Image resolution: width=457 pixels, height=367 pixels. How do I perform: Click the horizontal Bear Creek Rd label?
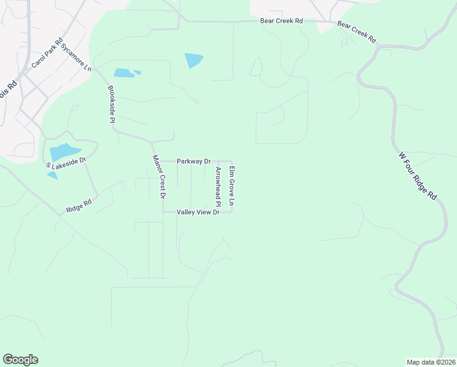point(281,21)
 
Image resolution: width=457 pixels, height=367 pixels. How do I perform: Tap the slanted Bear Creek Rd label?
point(356,33)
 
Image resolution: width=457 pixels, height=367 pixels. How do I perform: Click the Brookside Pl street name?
point(111,104)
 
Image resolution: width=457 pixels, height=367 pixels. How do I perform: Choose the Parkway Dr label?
point(193,161)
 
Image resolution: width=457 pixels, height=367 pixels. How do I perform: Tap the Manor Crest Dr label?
point(159,177)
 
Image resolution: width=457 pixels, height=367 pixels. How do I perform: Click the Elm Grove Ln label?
point(232,185)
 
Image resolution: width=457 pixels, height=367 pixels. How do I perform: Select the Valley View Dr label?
point(197,212)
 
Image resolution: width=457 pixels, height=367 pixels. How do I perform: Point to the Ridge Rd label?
point(79,206)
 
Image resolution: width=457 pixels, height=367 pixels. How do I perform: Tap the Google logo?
point(20,360)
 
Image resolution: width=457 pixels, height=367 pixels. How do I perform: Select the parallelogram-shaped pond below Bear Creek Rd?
point(194,61)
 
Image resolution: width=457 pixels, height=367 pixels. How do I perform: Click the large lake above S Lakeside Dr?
point(64,152)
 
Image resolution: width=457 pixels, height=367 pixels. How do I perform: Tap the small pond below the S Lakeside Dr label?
point(53,175)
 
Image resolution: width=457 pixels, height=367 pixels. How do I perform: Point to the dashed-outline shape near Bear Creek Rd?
point(257,67)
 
